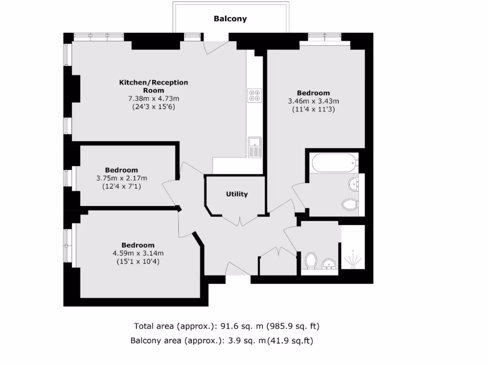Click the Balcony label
(x=230, y=19)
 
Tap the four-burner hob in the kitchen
(x=254, y=95)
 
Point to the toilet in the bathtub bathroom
(x=350, y=204)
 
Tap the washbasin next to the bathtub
(x=354, y=183)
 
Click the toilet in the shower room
(x=310, y=260)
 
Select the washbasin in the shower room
(x=329, y=264)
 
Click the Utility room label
(x=237, y=194)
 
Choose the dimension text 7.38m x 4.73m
(x=153, y=99)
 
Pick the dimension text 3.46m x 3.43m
(x=313, y=101)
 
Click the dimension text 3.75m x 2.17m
(x=122, y=178)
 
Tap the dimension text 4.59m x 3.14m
(x=138, y=253)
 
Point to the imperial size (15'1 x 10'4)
(x=138, y=261)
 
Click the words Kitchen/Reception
(x=153, y=82)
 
